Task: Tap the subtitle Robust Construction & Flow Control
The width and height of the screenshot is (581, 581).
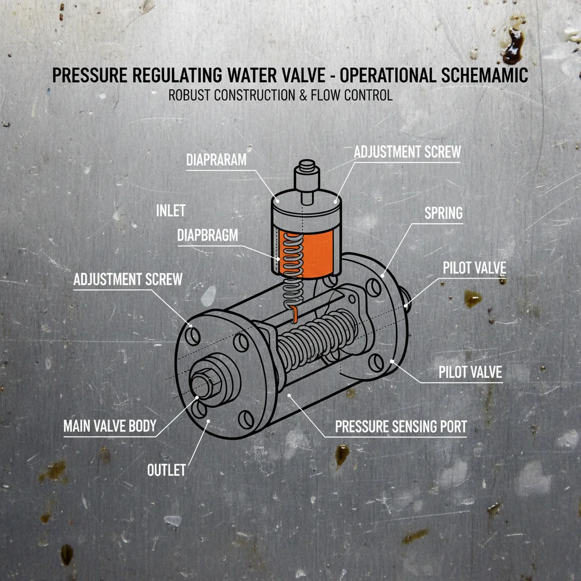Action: tap(280, 95)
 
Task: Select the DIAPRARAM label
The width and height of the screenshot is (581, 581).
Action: tap(216, 160)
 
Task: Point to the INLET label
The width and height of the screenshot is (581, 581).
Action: tap(170, 210)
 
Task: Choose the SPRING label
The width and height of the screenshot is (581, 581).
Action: tap(443, 213)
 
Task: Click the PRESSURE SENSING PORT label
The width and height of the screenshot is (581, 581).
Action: tap(401, 427)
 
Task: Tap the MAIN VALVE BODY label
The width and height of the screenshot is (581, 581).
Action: tap(110, 426)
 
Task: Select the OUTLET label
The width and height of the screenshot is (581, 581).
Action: tap(166, 470)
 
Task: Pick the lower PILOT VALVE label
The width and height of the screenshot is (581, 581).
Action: tap(470, 372)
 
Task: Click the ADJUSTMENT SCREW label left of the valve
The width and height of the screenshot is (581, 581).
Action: tap(128, 279)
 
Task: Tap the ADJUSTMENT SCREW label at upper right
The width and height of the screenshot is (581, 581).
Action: tap(407, 152)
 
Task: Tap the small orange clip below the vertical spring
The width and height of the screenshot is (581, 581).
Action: tap(293, 314)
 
